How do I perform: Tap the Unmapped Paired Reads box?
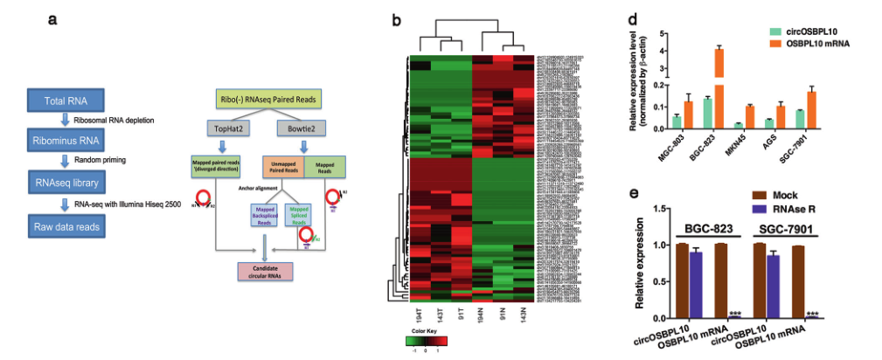pyautogui.click(x=282, y=167)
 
